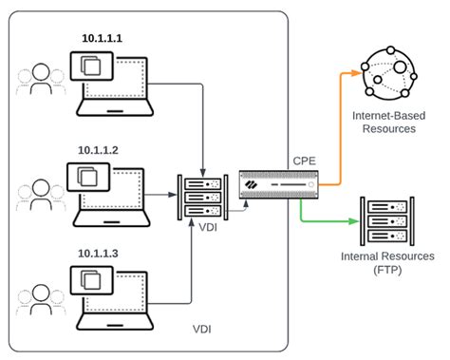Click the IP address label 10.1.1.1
click(107, 37)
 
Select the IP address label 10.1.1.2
click(107, 150)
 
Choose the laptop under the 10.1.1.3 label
click(108, 289)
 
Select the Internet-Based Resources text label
click(385, 121)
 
